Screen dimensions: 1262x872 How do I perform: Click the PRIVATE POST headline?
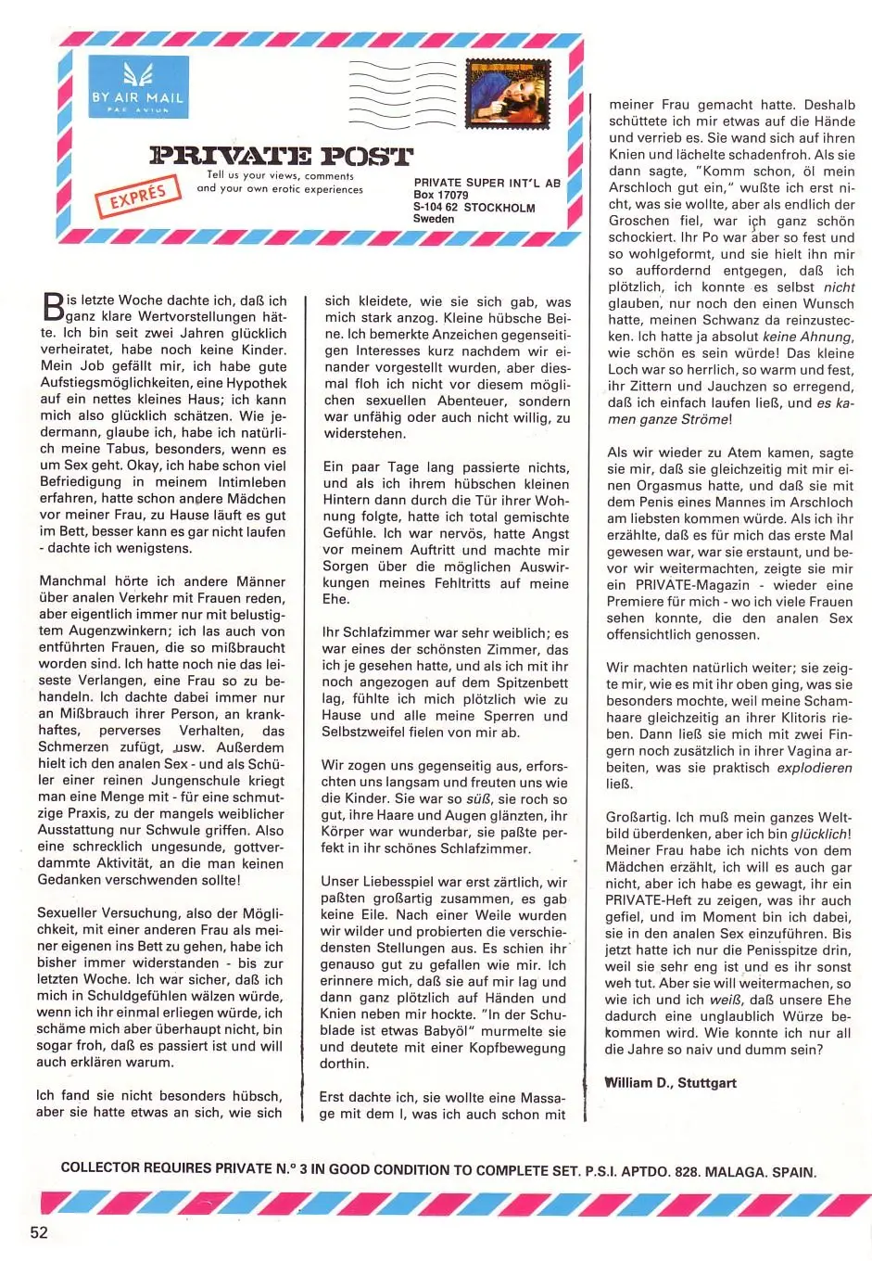pyautogui.click(x=281, y=155)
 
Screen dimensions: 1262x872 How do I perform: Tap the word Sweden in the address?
pyautogui.click(x=434, y=220)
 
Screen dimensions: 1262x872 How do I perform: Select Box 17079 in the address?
pyautogui.click(x=441, y=196)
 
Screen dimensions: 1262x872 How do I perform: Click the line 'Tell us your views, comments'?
pyautogui.click(x=280, y=175)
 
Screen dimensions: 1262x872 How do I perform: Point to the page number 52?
pyautogui.click(x=38, y=1232)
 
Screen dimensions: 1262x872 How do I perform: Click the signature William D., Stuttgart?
pyautogui.click(x=670, y=1082)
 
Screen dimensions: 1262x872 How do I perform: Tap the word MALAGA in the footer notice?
pyautogui.click(x=733, y=1171)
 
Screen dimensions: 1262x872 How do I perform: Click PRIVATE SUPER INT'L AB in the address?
pyautogui.click(x=487, y=184)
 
